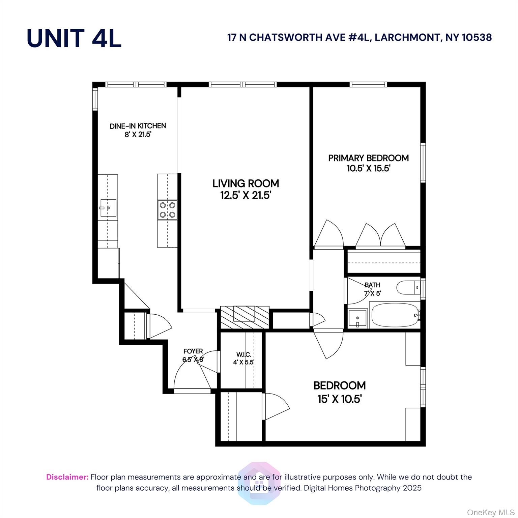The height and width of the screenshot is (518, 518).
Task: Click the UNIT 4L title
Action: [74, 38]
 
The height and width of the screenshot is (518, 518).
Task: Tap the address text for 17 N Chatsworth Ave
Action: [359, 37]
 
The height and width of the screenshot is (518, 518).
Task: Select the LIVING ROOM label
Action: [246, 183]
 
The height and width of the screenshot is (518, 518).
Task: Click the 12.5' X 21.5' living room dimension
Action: [246, 195]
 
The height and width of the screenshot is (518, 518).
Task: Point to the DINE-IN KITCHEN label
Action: [138, 126]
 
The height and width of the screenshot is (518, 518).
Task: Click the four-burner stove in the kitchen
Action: [167, 210]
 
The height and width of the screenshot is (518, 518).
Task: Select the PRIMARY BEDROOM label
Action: [368, 158]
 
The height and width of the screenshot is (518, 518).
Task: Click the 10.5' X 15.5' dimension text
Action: [368, 168]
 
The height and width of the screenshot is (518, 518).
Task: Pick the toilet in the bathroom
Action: [408, 288]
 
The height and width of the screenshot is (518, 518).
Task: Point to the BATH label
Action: [372, 285]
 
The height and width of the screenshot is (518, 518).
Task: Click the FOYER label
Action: [193, 351]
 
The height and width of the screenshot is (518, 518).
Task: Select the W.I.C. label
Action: [243, 354]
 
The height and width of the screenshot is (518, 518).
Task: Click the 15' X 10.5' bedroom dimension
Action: [339, 399]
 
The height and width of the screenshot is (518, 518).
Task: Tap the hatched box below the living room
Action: [244, 317]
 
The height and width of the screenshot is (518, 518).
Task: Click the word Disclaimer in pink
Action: [67, 477]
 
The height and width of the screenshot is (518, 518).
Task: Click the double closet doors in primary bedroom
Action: [381, 235]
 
